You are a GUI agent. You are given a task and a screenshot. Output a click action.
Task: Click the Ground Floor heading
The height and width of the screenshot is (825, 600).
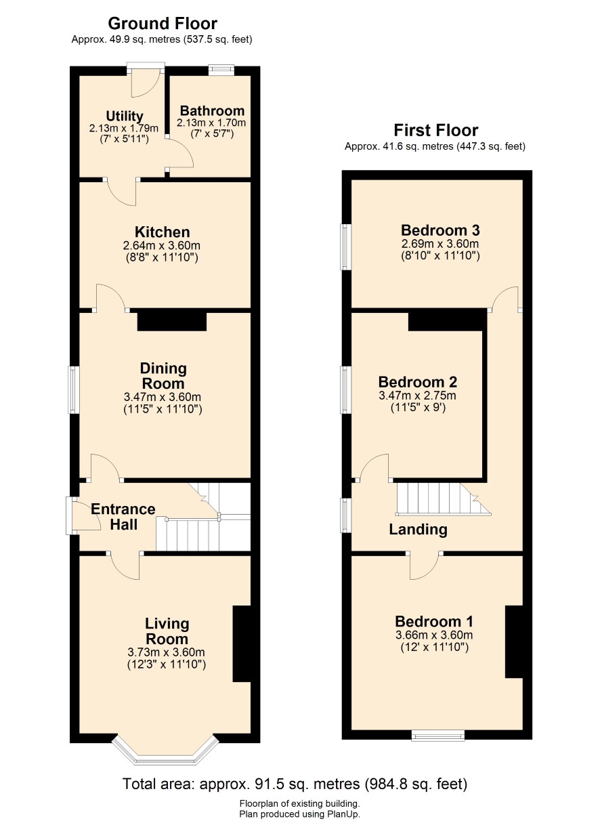pyautogui.click(x=163, y=24)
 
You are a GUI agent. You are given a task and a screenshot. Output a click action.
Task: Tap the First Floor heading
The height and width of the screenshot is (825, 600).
pyautogui.click(x=435, y=130)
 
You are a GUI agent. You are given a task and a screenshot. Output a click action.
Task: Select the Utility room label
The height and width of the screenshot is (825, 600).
pyautogui.click(x=125, y=116)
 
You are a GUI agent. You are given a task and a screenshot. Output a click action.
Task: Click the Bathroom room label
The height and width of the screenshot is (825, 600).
pyautogui.click(x=212, y=110)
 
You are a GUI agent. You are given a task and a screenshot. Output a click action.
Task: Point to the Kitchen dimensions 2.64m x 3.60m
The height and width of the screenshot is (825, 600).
pyautogui.click(x=162, y=245)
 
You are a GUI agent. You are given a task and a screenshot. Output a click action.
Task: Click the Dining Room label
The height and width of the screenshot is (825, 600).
pyautogui.click(x=163, y=376)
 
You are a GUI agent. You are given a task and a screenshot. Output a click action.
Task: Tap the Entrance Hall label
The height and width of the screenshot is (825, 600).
pyautogui.click(x=123, y=517)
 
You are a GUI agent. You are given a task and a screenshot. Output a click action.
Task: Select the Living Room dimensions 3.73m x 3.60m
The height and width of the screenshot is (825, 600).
pyautogui.click(x=166, y=652)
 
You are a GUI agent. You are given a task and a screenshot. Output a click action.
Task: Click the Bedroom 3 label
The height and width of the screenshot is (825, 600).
pyautogui.click(x=440, y=230)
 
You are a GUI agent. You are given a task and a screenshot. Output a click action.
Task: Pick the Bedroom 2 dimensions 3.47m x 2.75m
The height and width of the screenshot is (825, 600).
pyautogui.click(x=417, y=396)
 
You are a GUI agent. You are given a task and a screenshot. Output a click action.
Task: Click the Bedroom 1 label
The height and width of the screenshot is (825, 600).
pyautogui.click(x=434, y=621)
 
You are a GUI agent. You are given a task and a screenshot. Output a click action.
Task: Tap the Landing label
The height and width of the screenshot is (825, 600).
pyautogui.click(x=418, y=530)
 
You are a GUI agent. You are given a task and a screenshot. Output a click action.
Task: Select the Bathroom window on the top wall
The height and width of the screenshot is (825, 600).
pyautogui.click(x=221, y=70)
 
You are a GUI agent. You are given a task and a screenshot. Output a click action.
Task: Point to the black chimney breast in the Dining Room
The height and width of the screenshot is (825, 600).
pyautogui.click(x=171, y=320)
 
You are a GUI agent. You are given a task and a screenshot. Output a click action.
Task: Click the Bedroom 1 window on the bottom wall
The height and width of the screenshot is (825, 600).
pyautogui.click(x=438, y=736)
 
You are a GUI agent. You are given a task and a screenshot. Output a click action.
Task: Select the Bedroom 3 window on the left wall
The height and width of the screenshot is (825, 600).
pyautogui.click(x=345, y=247)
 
